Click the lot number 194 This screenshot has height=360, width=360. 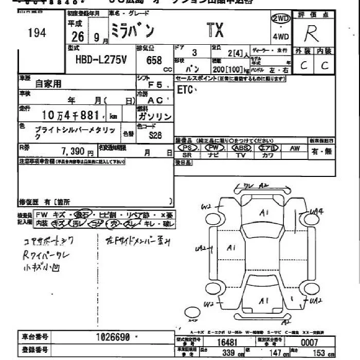37,33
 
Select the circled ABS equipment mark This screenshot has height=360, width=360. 240,148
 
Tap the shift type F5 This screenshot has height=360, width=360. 156,85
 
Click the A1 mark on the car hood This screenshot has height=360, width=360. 265,212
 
